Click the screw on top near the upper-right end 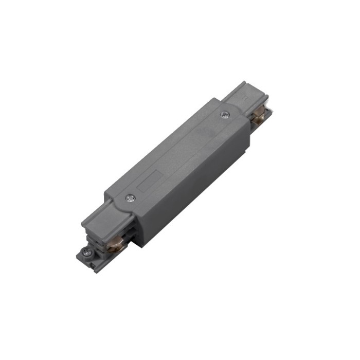[x=224, y=114]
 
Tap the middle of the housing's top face [x=177, y=154]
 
